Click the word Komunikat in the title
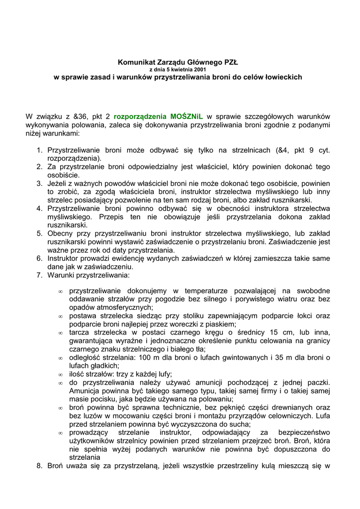point(133,63)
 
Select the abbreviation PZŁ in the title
point(231,63)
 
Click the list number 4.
point(39,208)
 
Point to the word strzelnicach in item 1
point(250,150)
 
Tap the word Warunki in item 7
point(60,275)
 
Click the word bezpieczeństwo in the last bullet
point(303,432)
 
